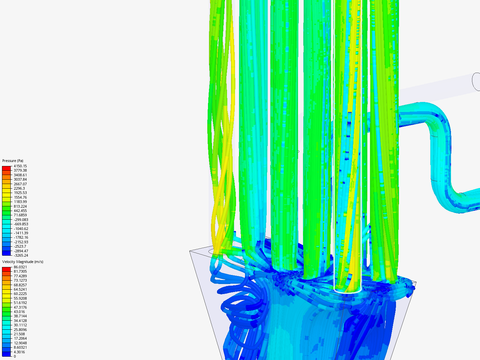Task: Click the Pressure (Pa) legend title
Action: pos(13,161)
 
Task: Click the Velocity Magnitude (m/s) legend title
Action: pos(23,262)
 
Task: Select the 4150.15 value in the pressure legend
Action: pos(20,166)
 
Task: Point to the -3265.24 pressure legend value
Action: pos(21,255)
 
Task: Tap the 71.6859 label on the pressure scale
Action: pos(20,215)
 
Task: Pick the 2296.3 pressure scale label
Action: pos(19,188)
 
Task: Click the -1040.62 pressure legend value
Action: pos(21,229)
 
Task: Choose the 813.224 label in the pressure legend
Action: pos(20,206)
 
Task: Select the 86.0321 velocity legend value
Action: pos(20,267)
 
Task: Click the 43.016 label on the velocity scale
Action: pos(19,312)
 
